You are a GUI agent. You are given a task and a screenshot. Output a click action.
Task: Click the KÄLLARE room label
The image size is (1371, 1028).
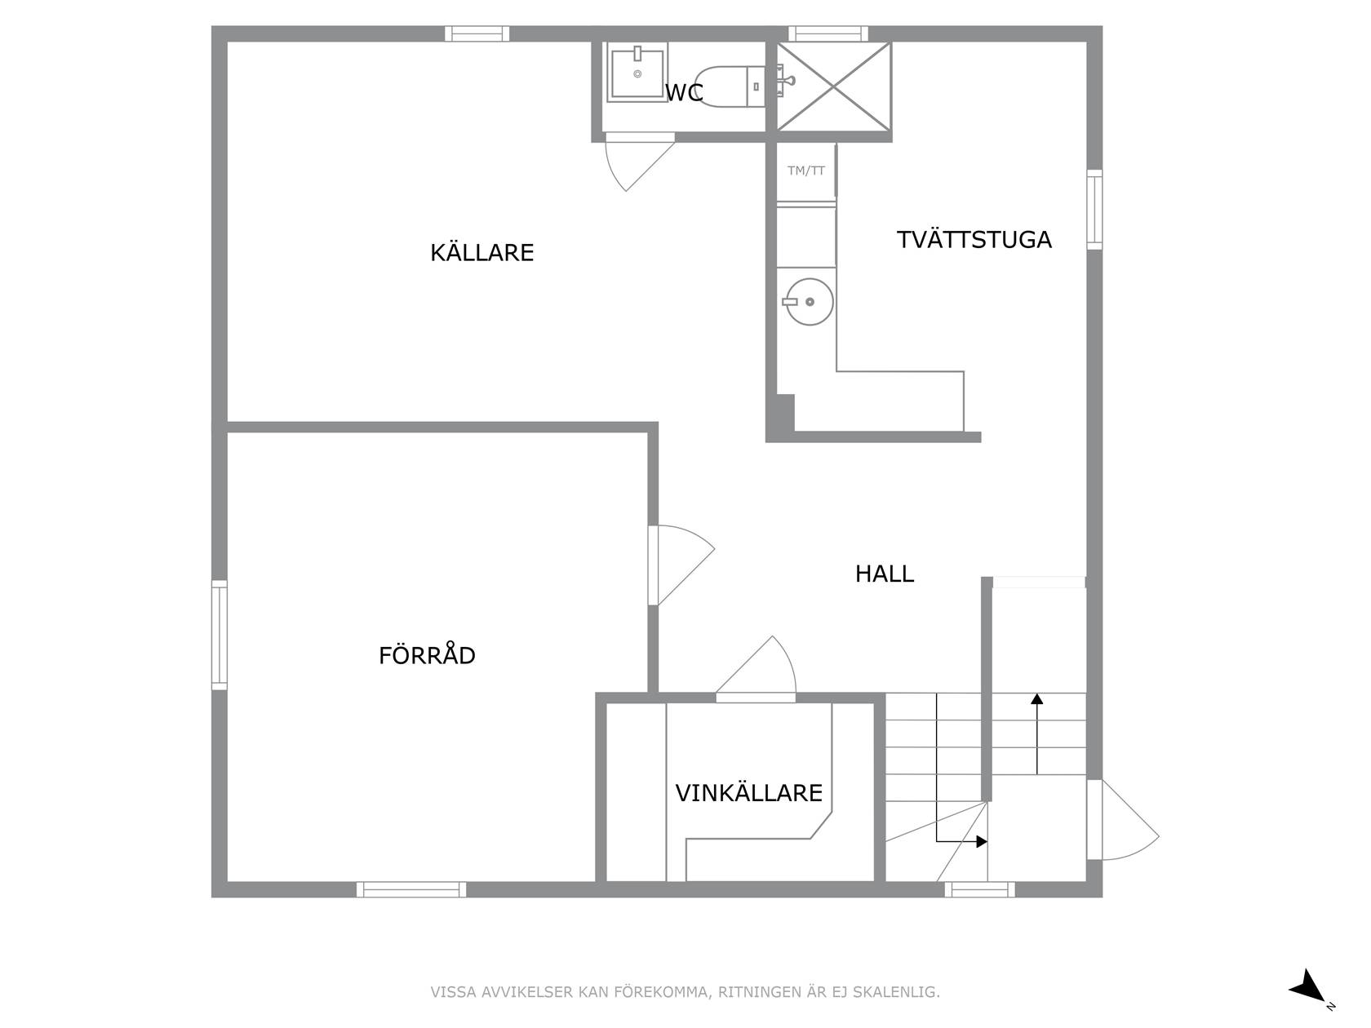click(481, 252)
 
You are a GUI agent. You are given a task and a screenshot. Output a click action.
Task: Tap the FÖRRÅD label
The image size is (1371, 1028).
click(428, 655)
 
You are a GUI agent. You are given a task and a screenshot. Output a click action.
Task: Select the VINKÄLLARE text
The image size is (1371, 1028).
click(749, 793)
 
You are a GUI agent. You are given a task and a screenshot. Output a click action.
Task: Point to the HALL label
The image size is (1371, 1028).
click(885, 574)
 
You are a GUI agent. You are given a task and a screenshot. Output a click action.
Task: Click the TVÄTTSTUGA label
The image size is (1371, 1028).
click(974, 240)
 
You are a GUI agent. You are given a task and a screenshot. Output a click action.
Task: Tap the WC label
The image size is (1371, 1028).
click(684, 93)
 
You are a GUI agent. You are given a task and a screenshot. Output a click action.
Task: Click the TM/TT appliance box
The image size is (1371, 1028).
click(806, 171)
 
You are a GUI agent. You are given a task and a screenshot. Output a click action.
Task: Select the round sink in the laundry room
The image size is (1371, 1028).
click(810, 302)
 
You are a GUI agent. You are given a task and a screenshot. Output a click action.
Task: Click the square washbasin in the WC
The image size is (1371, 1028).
click(637, 73)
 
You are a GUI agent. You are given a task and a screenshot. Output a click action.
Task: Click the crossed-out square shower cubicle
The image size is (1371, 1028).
click(833, 86)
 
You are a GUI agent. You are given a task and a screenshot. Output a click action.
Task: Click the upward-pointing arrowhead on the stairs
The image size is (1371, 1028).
click(1037, 698)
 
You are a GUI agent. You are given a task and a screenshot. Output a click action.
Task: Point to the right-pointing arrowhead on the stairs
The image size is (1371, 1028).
click(981, 842)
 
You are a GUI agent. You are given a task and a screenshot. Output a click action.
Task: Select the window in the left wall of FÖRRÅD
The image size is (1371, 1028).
click(220, 635)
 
